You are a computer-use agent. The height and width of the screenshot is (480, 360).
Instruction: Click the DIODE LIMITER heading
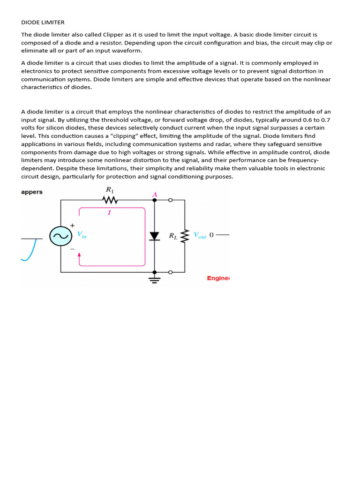click(x=43, y=22)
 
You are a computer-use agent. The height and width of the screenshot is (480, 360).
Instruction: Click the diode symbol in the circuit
click(x=154, y=236)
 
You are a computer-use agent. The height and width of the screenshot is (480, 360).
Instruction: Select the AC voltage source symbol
click(x=60, y=236)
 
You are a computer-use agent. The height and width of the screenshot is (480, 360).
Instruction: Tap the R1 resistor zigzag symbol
click(x=110, y=200)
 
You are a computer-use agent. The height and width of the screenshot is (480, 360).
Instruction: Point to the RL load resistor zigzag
click(x=185, y=236)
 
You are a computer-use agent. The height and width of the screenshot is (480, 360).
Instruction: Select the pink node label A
click(x=154, y=194)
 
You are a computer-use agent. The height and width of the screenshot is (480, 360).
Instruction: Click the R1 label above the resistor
click(x=110, y=190)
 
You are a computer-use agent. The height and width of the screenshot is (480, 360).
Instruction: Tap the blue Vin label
click(x=82, y=235)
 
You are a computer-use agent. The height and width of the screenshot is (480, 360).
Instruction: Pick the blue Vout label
click(x=200, y=235)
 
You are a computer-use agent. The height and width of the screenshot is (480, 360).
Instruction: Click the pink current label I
click(x=109, y=212)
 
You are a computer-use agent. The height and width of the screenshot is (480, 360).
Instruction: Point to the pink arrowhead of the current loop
click(x=79, y=255)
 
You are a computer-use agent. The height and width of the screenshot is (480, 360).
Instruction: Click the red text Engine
click(x=218, y=278)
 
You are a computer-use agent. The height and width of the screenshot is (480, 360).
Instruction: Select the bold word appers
click(x=32, y=192)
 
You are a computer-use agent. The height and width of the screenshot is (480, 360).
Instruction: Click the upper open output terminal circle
click(x=170, y=200)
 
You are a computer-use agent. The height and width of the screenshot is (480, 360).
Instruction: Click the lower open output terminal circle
click(x=170, y=272)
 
